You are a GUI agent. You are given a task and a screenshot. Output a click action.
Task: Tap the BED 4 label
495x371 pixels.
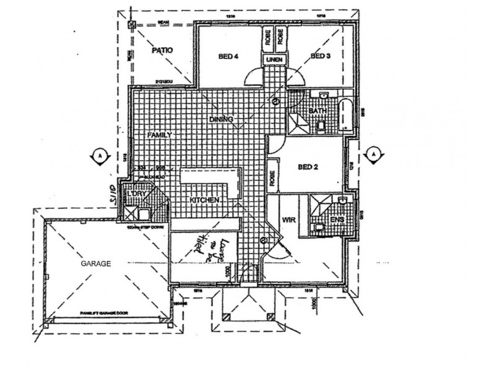click(x=229, y=57)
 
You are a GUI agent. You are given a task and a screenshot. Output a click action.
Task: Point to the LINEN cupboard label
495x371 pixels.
click(x=274, y=59)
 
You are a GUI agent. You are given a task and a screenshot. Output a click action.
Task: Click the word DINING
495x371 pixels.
click(x=221, y=119)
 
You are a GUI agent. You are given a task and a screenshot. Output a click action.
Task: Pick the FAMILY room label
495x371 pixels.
click(x=159, y=134)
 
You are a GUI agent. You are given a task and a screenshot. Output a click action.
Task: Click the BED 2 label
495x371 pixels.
click(x=308, y=166)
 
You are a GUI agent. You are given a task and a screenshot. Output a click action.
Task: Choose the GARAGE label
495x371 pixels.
click(x=95, y=263)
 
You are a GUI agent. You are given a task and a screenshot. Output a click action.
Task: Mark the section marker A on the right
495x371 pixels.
click(x=373, y=153)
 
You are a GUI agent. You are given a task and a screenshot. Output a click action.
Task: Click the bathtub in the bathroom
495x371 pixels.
click(x=346, y=114)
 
